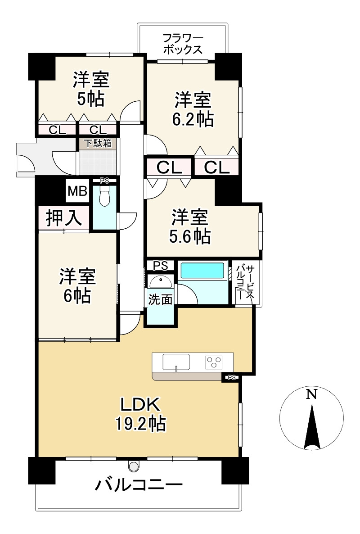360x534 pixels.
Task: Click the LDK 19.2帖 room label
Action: point(140,414)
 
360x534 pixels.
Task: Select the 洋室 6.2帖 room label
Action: point(193,109)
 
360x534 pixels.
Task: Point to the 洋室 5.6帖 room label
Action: point(190,227)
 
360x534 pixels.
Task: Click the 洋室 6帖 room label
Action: point(77,286)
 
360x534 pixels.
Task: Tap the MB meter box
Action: point(78,191)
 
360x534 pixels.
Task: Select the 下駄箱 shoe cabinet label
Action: point(98,143)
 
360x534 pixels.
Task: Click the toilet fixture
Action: point(105,196)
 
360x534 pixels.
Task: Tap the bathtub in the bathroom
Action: point(202,271)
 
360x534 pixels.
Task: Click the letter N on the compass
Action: point(311,394)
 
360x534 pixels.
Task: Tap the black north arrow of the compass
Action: point(312,425)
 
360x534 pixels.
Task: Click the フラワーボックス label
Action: point(183,44)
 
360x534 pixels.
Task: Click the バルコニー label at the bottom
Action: point(139,484)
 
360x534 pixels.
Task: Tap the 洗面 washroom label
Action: point(160,300)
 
